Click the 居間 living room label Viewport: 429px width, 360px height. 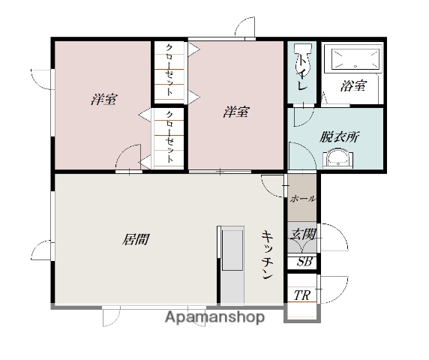coord(136,240)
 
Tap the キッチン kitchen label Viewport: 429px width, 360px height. coord(268,256)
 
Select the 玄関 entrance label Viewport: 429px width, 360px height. coord(304,234)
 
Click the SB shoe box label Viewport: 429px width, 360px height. coord(304,262)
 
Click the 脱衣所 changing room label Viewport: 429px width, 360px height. coord(339,136)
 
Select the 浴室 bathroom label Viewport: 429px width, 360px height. coord(353,85)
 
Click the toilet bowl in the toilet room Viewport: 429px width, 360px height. coord(302,61)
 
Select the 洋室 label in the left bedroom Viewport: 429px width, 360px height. coord(103,100)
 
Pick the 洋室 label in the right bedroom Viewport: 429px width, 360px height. coord(236,112)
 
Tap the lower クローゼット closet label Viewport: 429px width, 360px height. coord(170,137)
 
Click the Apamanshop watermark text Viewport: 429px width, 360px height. coord(214,317)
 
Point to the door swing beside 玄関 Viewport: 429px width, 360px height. coord(334,240)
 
